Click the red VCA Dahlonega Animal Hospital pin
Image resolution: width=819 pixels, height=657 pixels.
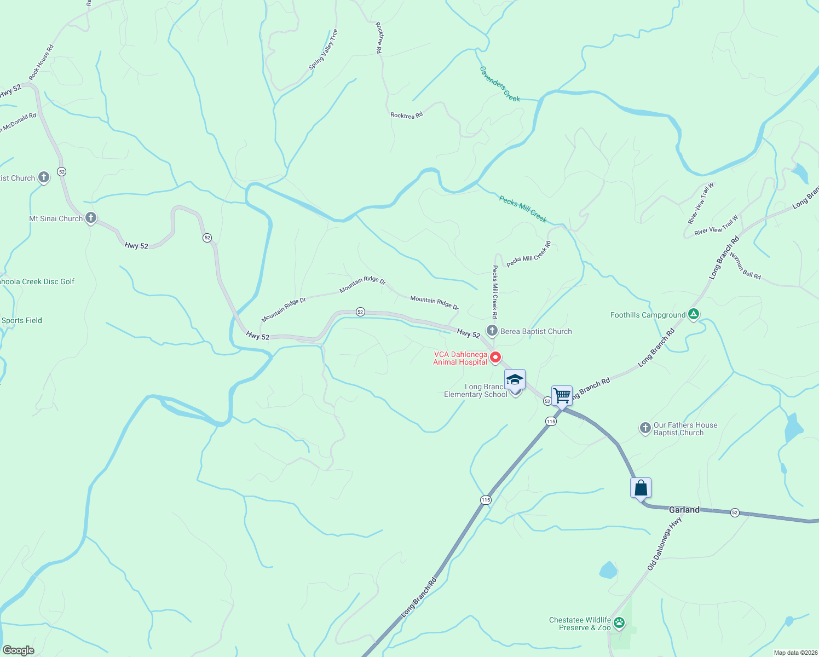coord(495,358)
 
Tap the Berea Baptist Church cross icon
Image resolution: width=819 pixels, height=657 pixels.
coord(492,331)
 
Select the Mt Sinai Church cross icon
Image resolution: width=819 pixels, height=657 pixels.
coord(91,218)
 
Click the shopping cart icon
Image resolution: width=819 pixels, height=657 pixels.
coord(562,395)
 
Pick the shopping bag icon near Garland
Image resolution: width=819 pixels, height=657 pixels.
coord(641,487)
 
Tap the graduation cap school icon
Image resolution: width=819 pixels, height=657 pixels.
coord(515,379)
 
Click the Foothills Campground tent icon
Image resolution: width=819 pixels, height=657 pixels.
coord(694,314)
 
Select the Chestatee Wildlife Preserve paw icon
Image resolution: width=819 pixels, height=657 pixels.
coord(619,623)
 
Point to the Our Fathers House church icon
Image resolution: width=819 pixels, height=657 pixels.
coord(645,428)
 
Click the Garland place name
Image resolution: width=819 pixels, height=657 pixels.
coord(684,510)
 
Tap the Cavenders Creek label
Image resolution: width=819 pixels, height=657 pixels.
coord(500,84)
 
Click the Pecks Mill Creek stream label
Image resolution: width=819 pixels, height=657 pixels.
coord(523,209)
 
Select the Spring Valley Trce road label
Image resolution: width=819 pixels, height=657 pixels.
coord(324,50)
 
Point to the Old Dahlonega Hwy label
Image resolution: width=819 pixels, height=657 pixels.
coord(665,544)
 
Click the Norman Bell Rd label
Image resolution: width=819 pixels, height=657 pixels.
coord(745,266)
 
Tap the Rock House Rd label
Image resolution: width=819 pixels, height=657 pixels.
coord(42,62)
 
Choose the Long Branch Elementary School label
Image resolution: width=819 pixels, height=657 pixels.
coord(475,390)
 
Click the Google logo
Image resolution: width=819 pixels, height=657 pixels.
coord(19,650)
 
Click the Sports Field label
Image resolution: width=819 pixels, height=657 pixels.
coord(22,320)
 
